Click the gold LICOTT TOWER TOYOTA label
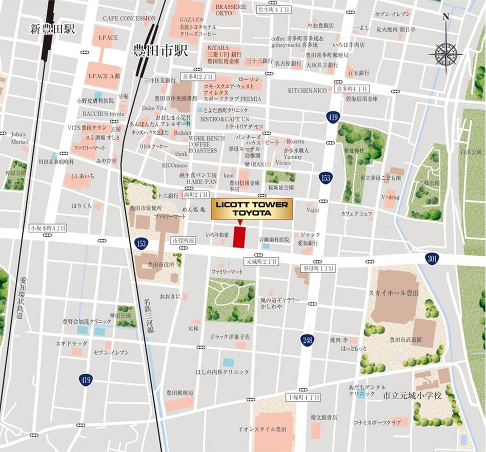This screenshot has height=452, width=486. [x=252, y=209]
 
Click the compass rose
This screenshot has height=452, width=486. [x=445, y=52]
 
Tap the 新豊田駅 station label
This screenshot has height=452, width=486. [x=52, y=30]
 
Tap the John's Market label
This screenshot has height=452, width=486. [x=19, y=138]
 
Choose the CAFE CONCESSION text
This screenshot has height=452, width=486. [x=129, y=18]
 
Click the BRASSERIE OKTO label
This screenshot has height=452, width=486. [x=230, y=10]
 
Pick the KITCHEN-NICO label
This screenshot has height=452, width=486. [x=307, y=91]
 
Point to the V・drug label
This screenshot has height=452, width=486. [x=390, y=197]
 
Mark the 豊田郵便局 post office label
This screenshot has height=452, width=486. [x=179, y=393]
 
